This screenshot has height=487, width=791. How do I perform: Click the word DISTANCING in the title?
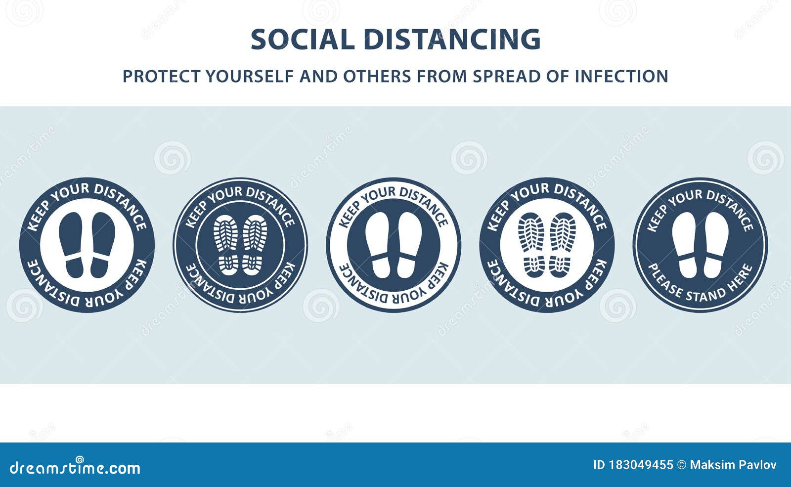[452, 40]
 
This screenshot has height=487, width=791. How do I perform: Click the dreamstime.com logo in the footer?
[75, 467]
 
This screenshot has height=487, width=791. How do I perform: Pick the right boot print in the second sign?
[254, 245]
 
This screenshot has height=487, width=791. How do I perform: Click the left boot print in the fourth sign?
[532, 245]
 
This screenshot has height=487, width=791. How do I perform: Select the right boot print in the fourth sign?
[562, 245]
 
